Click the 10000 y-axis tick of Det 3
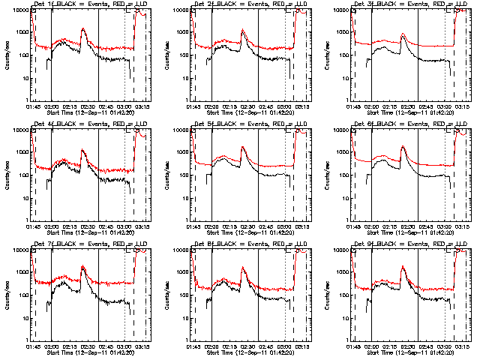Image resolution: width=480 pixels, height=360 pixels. (x=338, y=10)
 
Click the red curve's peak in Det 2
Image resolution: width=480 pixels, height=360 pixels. (x=243, y=30)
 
